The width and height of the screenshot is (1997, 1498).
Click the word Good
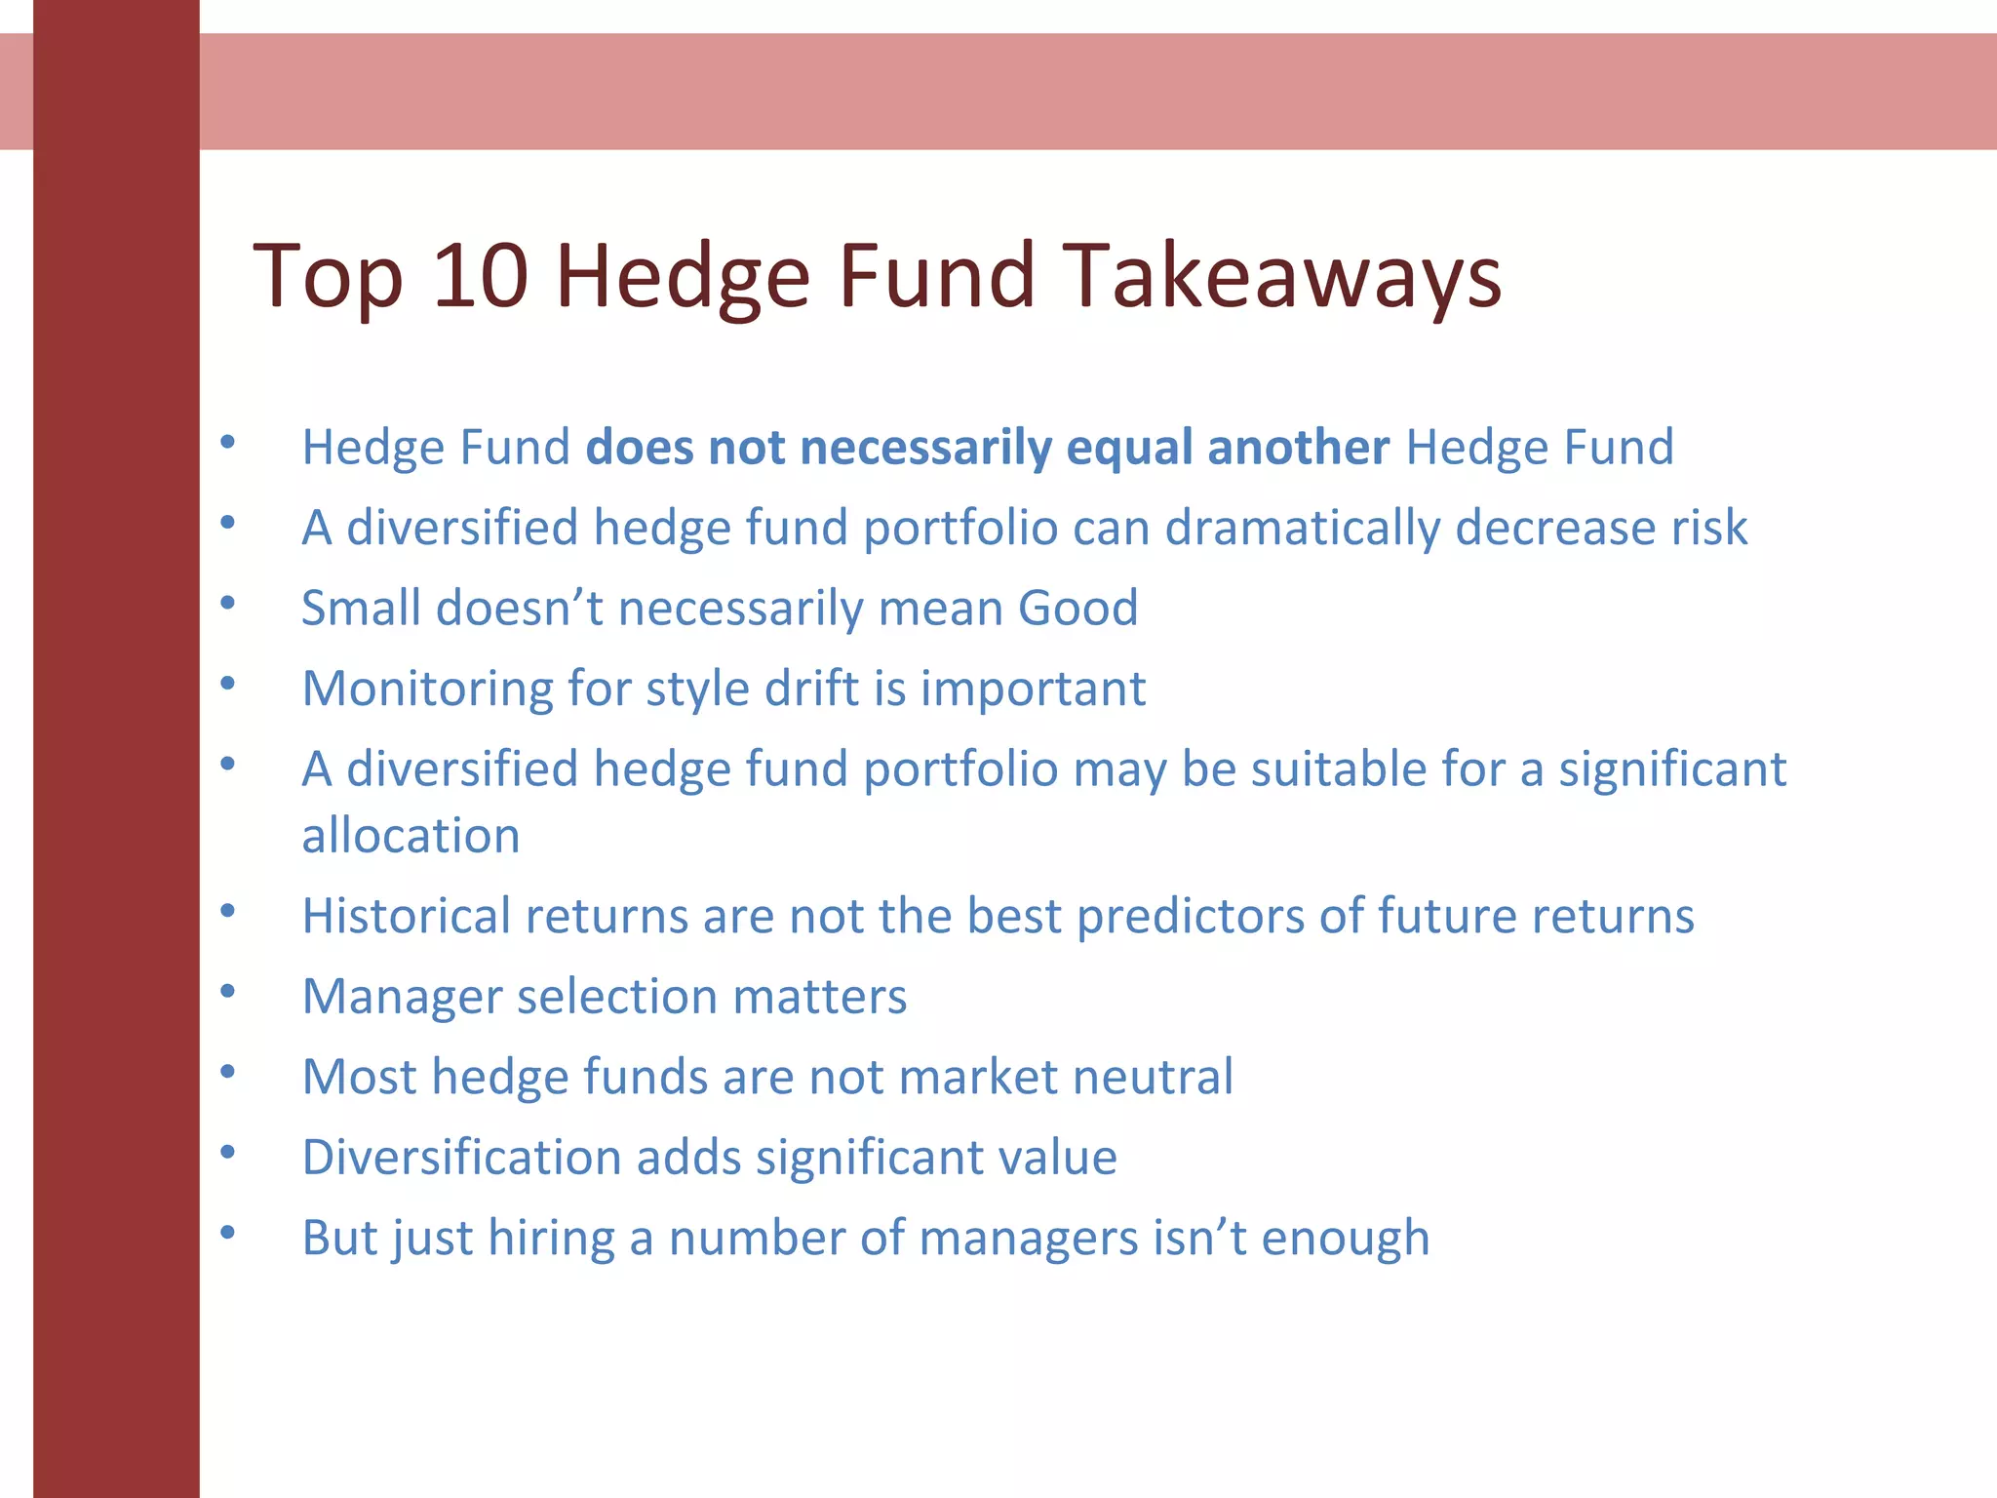[1077, 608]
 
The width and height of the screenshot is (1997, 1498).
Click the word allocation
[411, 836]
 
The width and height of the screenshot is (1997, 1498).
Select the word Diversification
[461, 1158]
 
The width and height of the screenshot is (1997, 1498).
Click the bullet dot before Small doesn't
[228, 604]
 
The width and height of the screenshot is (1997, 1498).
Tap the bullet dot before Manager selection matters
[228, 993]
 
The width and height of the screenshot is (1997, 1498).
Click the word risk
[1708, 528]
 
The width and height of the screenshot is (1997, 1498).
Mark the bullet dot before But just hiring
[228, 1234]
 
